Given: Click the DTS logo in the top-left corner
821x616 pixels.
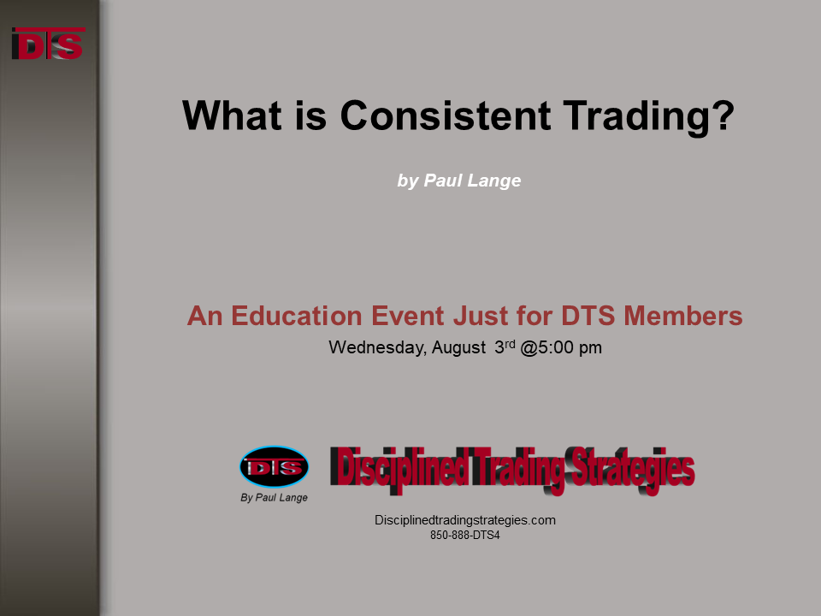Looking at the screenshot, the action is pos(48,44).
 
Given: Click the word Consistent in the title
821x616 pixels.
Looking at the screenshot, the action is pos(446,115).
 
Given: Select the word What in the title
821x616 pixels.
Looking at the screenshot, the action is pos(232,115).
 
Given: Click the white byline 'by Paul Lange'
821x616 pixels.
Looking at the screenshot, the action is pos(459,181).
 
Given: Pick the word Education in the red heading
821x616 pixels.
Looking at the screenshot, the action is pos(297,316).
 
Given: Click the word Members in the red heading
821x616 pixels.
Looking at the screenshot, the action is pos(683,316).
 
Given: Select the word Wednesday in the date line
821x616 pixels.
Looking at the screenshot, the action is pos(377,348).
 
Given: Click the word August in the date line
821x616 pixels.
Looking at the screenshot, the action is pos(458,348).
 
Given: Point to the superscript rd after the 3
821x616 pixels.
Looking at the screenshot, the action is pos(510,344).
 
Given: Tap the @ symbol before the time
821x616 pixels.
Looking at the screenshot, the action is pos(529,348).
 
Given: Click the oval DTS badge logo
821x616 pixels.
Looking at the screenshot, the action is pos(274,467).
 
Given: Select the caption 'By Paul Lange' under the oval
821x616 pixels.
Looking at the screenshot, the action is pos(274,498).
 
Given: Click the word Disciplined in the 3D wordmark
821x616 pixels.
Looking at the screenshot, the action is pos(399,468).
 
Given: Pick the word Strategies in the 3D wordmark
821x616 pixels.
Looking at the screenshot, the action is pos(632,469).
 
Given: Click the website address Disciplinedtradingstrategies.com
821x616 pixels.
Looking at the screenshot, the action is pos(465,520).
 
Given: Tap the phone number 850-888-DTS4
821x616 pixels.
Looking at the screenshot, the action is pos(465,536).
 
